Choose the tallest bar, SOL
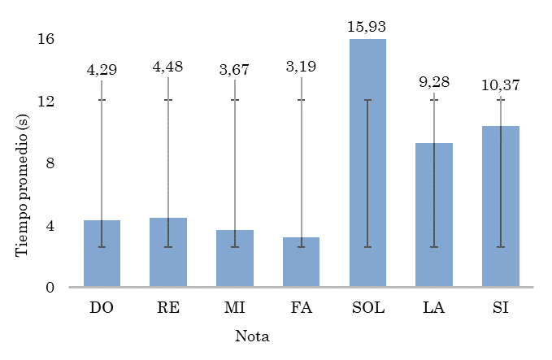pos(367,163)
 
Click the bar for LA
pos(434,215)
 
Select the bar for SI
pos(500,206)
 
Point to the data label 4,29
pos(102,70)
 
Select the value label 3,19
pos(302,70)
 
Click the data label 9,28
pos(434,83)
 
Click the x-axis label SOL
pos(367,308)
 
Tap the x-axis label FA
pos(301,308)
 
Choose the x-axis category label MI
pos(235,308)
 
